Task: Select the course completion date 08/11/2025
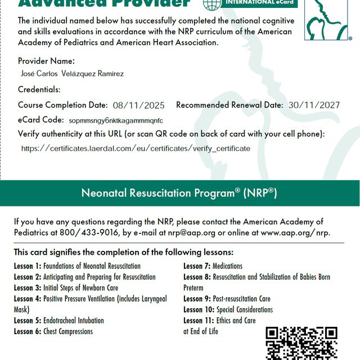tap(138, 105)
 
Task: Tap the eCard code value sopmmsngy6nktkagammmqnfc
tap(116, 120)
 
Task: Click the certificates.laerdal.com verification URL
tap(136, 148)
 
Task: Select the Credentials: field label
tap(39, 89)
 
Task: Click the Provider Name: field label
tap(46, 61)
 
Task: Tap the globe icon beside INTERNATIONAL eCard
tap(211, 3)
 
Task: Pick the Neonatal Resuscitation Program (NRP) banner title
tap(179, 193)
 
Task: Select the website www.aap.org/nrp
tap(295, 232)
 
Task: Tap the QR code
tap(301, 343)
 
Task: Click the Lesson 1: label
tap(28, 266)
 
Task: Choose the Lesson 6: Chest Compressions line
tap(53, 331)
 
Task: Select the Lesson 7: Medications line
tap(213, 266)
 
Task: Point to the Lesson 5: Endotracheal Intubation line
tap(59, 321)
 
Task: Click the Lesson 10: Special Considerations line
tap(228, 309)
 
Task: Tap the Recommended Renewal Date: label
tap(229, 105)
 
